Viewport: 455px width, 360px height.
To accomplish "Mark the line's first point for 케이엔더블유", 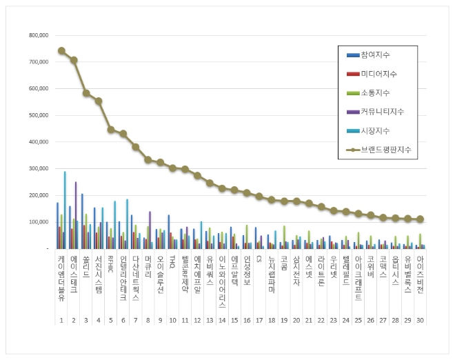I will [x=61, y=51].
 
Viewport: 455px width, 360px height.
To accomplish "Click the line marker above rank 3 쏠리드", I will [x=86, y=93].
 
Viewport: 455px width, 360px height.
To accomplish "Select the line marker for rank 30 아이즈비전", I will [x=421, y=219].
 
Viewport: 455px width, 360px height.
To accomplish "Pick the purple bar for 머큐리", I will [x=150, y=230].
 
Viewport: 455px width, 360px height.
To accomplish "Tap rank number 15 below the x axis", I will [x=234, y=321].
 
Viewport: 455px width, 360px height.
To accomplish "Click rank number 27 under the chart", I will [x=383, y=321].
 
